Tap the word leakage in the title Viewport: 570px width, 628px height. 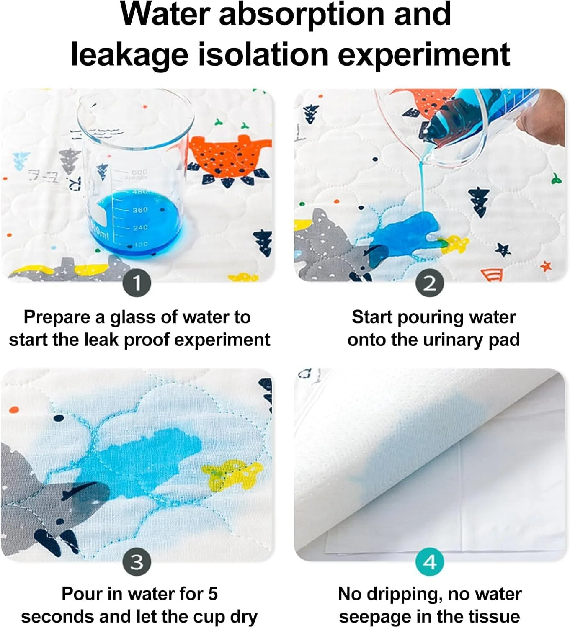click(x=130, y=55)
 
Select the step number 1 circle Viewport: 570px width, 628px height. click(x=137, y=283)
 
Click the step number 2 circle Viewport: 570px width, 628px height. click(x=430, y=283)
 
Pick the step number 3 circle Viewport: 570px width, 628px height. click(x=137, y=562)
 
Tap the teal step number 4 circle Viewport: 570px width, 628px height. click(x=430, y=562)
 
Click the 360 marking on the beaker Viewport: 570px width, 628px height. click(x=140, y=209)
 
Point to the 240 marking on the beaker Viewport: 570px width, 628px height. click(x=140, y=227)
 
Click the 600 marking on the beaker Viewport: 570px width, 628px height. click(x=140, y=172)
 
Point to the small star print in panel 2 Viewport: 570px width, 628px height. click(x=503, y=250)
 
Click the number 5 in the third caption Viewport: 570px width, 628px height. click(x=213, y=594)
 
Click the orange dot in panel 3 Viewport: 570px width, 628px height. click(x=14, y=409)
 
